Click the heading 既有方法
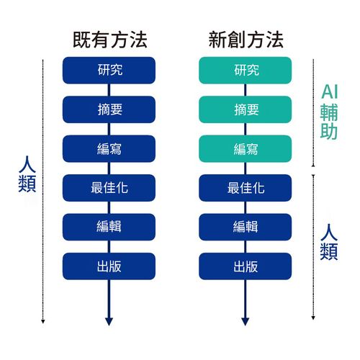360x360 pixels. (110, 40)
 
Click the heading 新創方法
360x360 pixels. (246, 40)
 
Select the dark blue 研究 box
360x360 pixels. (109, 71)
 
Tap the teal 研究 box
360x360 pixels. (246, 71)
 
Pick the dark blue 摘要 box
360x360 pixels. (109, 109)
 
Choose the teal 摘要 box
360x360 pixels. (246, 109)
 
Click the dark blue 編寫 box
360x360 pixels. (109, 148)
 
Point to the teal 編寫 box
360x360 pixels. (246, 148)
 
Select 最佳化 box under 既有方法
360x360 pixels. (109, 188)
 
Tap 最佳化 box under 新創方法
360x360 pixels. (246, 188)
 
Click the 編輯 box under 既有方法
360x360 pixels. (109, 227)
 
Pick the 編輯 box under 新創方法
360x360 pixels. (246, 227)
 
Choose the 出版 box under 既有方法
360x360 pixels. (109, 266)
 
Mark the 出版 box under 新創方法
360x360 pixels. (246, 266)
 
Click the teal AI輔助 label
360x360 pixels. (329, 112)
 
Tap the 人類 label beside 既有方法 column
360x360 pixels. (27, 174)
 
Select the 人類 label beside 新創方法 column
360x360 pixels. (329, 242)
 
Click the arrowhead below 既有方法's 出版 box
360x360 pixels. (109, 322)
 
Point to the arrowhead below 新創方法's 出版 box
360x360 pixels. (246, 322)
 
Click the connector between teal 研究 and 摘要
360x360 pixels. (246, 90)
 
